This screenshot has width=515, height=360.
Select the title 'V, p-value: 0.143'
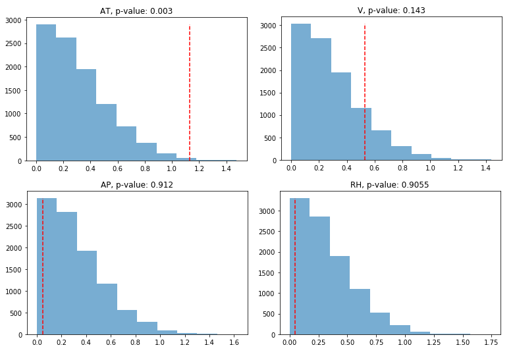(391, 10)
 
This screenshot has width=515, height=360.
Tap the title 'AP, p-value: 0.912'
(138, 185)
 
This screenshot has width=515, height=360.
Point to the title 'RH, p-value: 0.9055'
(391, 185)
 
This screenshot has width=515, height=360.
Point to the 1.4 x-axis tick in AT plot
(226, 169)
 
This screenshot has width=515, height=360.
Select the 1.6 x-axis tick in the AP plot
(232, 344)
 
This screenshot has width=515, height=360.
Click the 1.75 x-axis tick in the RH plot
(491, 344)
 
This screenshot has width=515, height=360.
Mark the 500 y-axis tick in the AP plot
(17, 313)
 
